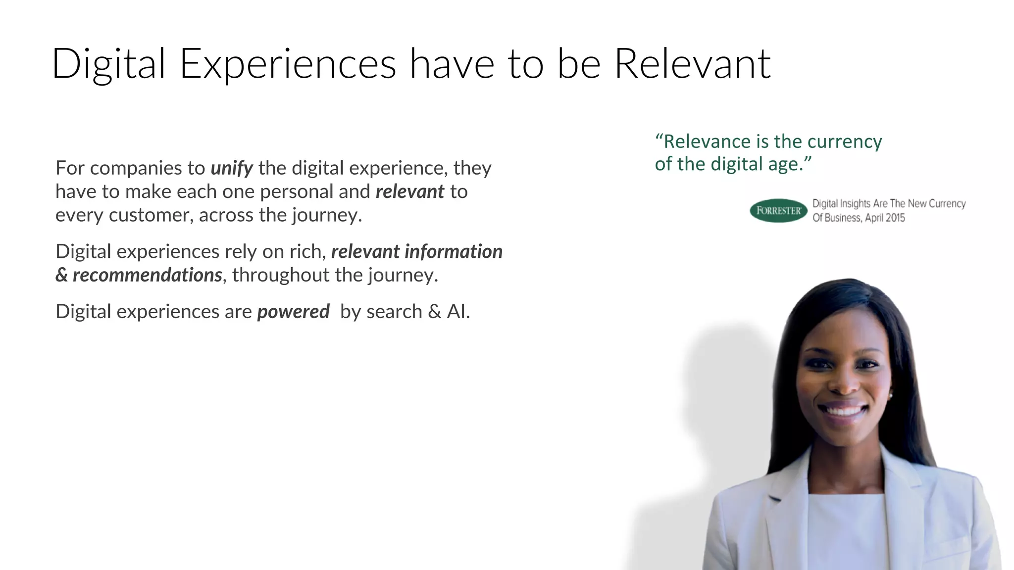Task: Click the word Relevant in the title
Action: click(x=692, y=64)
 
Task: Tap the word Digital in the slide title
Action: click(x=108, y=64)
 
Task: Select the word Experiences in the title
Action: click(x=288, y=65)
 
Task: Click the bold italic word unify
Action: click(x=232, y=168)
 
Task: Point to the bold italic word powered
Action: click(x=293, y=312)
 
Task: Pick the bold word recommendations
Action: click(x=148, y=275)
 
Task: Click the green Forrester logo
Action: click(x=778, y=211)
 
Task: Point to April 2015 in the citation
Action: click(x=885, y=218)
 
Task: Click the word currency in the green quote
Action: click(x=845, y=142)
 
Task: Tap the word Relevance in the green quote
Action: click(x=708, y=142)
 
